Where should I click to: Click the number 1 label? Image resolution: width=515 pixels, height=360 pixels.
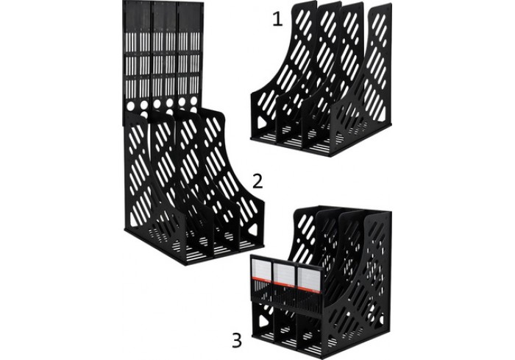click(x=277, y=20)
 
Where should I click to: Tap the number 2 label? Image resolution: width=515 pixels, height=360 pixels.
click(x=257, y=181)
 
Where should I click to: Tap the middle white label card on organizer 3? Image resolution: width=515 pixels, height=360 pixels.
click(x=285, y=274)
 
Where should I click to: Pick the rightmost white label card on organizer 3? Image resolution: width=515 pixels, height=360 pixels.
click(x=310, y=278)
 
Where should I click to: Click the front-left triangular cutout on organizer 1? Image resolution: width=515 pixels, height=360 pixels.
click(x=262, y=123)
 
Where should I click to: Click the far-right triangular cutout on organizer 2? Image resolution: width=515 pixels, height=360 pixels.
click(x=253, y=230)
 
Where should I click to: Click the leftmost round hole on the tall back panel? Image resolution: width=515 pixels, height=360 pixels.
click(x=131, y=105)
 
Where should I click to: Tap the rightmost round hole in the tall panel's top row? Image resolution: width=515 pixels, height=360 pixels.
click(x=194, y=100)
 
